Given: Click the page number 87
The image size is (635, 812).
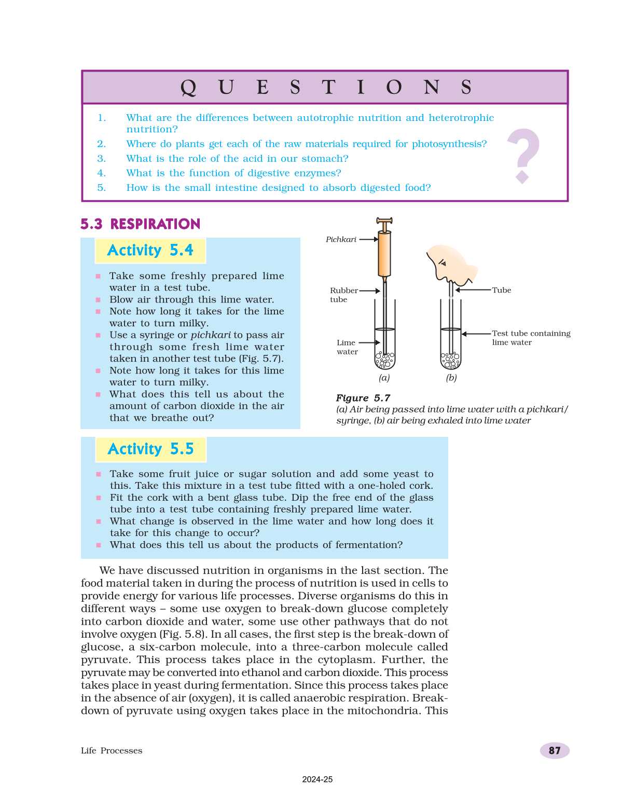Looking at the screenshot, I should click(554, 750).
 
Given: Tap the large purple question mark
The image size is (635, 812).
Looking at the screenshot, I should click(523, 155).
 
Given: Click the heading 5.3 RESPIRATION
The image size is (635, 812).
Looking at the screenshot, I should click(141, 224).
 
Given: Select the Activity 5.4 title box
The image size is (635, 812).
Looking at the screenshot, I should click(150, 251).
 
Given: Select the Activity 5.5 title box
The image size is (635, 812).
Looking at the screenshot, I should click(150, 449).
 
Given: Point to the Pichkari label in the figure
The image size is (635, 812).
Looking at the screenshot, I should click(341, 239).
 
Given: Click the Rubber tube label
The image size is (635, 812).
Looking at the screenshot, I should click(343, 295).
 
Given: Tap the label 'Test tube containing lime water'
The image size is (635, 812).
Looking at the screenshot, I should click(530, 338).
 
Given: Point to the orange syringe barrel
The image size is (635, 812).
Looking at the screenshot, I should click(384, 254).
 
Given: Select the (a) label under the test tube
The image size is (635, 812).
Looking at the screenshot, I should click(384, 378).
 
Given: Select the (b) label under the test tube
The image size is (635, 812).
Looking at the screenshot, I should click(451, 378).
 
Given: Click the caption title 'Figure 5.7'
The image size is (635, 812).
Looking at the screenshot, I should click(363, 398).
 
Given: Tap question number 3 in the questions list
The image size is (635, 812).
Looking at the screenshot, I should click(102, 159).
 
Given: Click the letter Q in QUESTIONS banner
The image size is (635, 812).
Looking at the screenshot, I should click(188, 87).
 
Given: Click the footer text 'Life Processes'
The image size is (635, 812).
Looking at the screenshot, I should click(112, 751).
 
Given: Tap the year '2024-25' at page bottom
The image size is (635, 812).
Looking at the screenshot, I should click(317, 779).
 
